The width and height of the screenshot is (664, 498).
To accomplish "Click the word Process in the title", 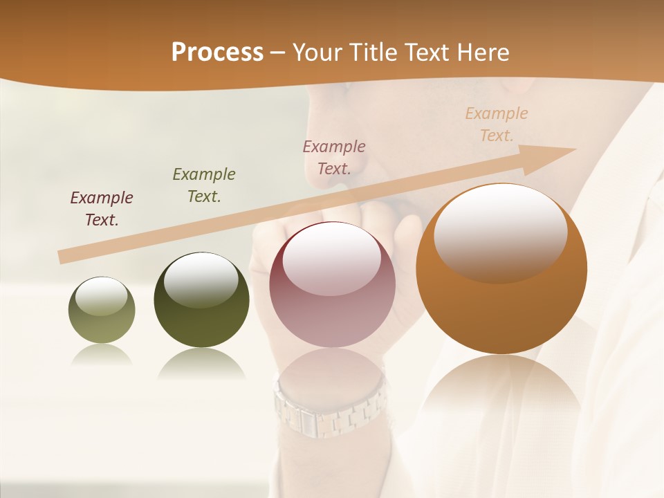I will click(217, 53).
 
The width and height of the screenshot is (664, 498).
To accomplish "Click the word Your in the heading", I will click(315, 53).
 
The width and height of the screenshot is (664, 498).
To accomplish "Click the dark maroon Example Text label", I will click(102, 209).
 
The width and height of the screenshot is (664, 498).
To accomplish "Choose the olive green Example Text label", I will click(204, 185).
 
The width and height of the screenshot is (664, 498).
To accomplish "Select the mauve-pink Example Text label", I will click(334, 157).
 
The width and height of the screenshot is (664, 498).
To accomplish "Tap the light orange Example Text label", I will click(497, 124).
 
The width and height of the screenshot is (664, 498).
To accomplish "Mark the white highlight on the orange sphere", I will click(500, 232).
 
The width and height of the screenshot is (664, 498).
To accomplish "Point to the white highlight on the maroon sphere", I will click(332, 259).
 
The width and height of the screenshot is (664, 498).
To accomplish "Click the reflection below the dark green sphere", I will click(201, 363).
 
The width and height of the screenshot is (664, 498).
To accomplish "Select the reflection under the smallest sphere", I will click(102, 354).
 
